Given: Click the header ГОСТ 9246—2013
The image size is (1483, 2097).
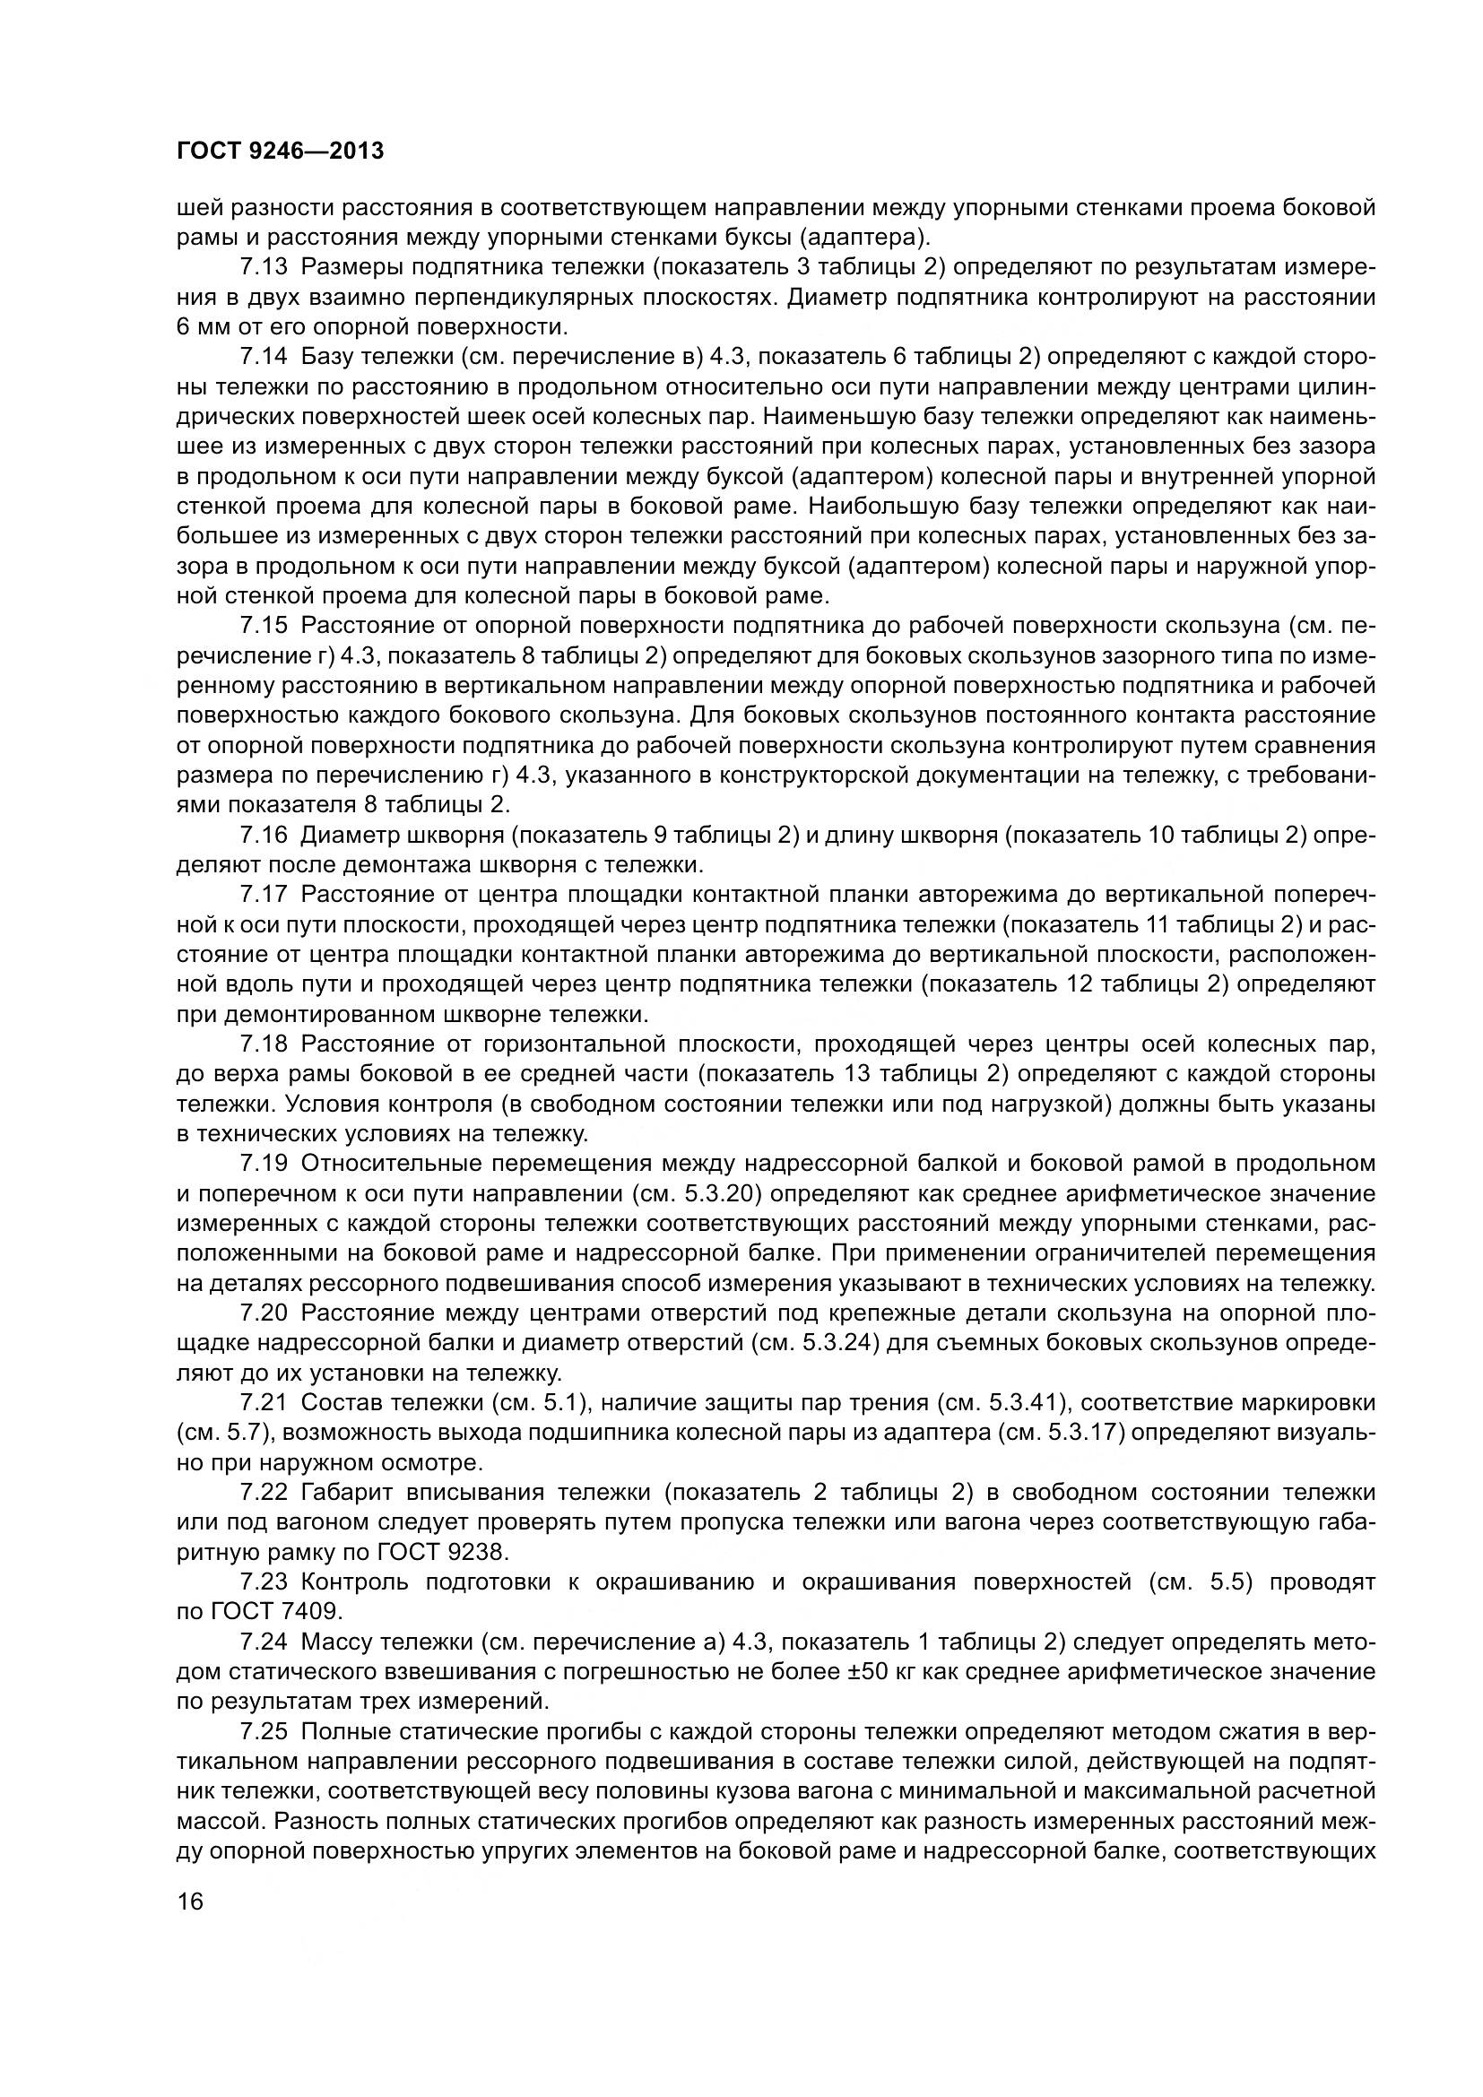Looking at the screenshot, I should click(x=280, y=151).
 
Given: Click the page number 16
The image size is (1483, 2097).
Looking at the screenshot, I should click(x=191, y=1903).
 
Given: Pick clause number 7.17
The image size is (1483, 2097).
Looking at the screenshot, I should click(x=264, y=894).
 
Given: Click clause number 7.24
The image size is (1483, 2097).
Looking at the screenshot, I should click(x=264, y=1642).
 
